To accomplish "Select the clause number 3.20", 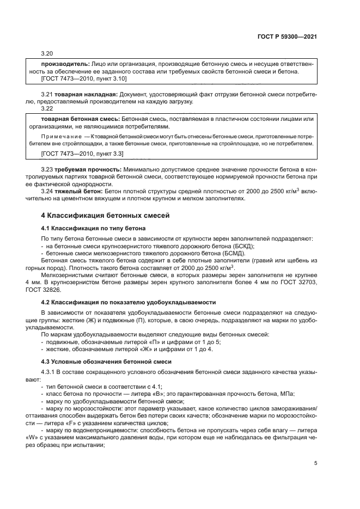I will coord(47,53).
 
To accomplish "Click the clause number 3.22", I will coord(47,108).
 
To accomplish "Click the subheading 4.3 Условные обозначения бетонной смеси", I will coord(107,362).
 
